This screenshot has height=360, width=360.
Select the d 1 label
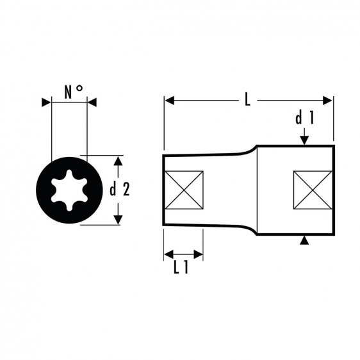(304, 119)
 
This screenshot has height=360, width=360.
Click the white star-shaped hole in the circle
(68, 189)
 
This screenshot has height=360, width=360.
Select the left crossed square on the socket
(183, 190)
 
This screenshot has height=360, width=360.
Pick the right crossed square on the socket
(313, 190)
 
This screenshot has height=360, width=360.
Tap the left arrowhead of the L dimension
(169, 101)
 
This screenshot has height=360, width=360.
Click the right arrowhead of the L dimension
(329, 101)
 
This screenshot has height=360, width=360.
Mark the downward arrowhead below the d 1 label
(305, 140)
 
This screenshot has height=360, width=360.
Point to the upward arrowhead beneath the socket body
(305, 240)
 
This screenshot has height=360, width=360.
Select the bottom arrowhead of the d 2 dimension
(117, 219)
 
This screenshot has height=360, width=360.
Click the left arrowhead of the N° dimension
(45, 102)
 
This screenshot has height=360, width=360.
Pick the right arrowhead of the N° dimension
(91, 102)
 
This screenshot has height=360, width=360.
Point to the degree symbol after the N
(80, 90)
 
